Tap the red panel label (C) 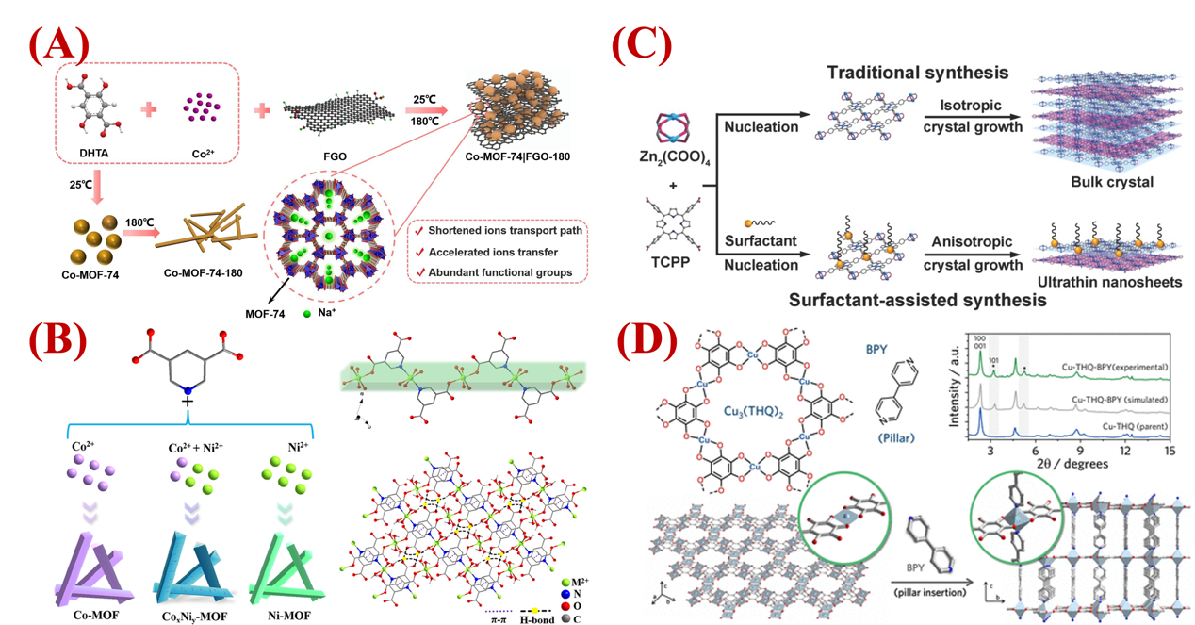(x=642, y=43)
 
